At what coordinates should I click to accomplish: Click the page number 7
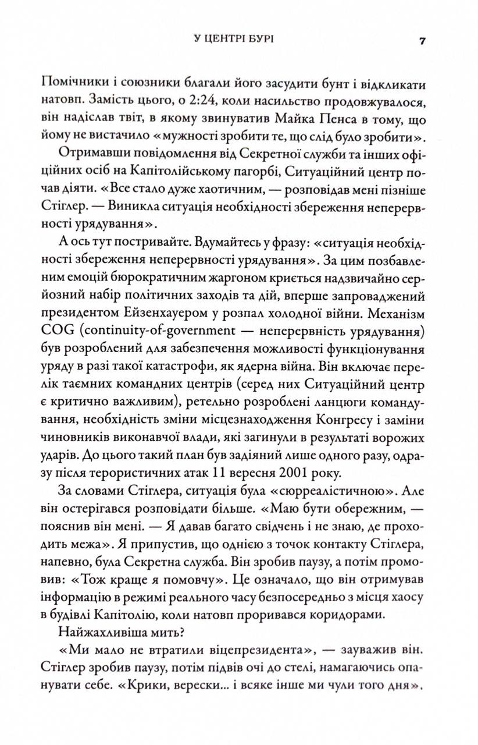(x=423, y=41)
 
